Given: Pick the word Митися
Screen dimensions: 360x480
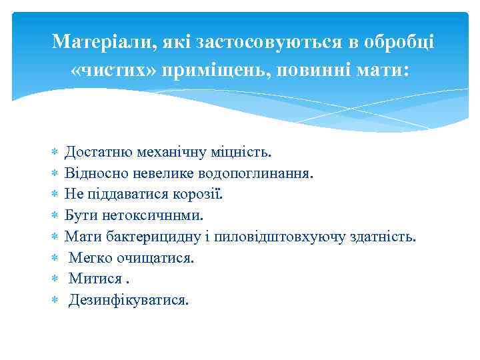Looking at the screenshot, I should (x=95, y=279).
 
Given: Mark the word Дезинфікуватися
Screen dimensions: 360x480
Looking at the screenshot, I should (x=128, y=300).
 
